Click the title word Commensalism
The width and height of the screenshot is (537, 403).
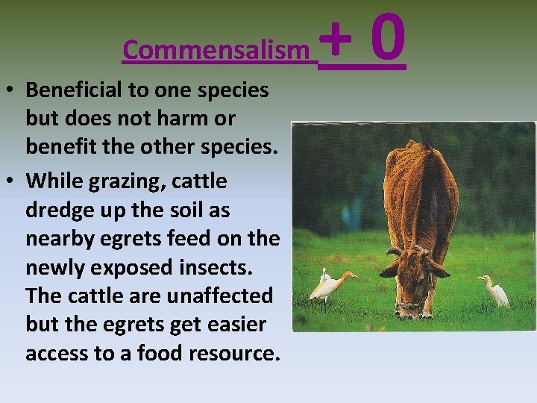[216, 50]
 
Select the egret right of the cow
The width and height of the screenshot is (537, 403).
[495, 290]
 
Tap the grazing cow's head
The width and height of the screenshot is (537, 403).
[414, 276]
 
